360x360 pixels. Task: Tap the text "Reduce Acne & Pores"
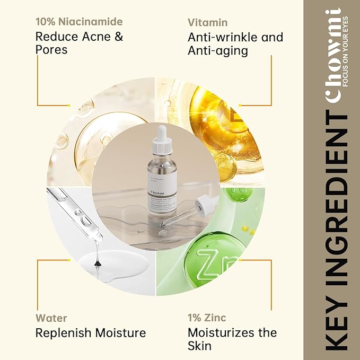(x=79, y=43)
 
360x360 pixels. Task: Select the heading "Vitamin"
(x=207, y=22)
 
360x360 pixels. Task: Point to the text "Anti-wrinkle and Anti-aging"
(x=235, y=43)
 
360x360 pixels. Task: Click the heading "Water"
(x=51, y=318)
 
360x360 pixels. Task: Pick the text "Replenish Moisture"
(x=90, y=333)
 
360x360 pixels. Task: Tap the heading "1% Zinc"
(x=207, y=318)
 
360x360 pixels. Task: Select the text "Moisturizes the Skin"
(x=232, y=339)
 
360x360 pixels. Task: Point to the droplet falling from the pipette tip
(x=97, y=262)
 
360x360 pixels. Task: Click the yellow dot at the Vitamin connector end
(x=240, y=105)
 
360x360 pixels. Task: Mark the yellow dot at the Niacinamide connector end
(x=68, y=105)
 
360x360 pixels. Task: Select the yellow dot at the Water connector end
(x=68, y=260)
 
